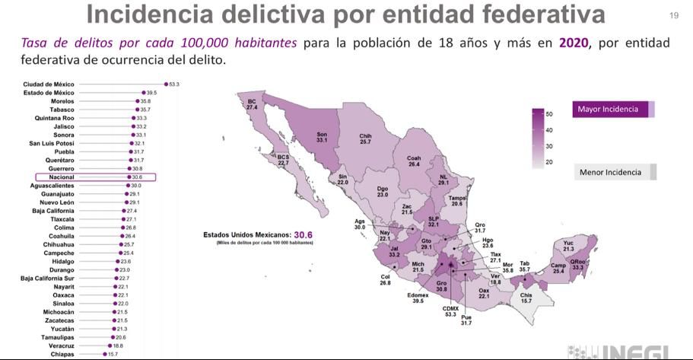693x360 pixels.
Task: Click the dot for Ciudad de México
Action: click(166, 84)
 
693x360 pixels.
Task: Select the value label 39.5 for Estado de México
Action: click(151, 93)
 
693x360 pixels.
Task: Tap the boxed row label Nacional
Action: click(61, 177)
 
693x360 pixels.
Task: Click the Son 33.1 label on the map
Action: click(322, 137)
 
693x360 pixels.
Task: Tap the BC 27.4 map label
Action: click(252, 104)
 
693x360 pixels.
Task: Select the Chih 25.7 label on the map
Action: click(365, 139)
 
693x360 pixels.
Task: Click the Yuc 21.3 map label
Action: click(568, 246)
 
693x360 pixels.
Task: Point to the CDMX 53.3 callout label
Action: click(450, 311)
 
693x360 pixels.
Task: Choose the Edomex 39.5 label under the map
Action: click(418, 298)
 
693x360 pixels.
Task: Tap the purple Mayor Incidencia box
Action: click(612, 110)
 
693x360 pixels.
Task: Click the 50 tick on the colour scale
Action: click(548, 114)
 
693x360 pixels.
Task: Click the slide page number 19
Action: click(673, 16)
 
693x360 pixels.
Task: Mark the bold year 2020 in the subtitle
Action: click(574, 43)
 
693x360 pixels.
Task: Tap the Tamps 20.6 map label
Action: click(456, 201)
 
